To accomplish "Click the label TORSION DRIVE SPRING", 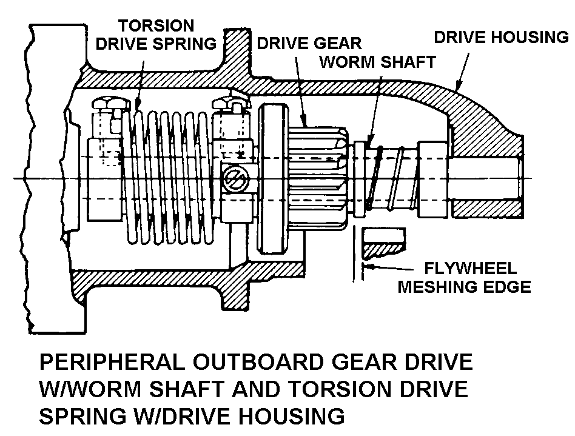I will click(x=167, y=35).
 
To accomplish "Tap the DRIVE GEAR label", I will click(x=309, y=44).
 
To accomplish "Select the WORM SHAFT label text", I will click(x=377, y=62).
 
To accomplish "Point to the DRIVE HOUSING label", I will click(x=502, y=38).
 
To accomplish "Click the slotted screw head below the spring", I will click(x=234, y=179).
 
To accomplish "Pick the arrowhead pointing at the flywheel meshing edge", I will click(x=368, y=266).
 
